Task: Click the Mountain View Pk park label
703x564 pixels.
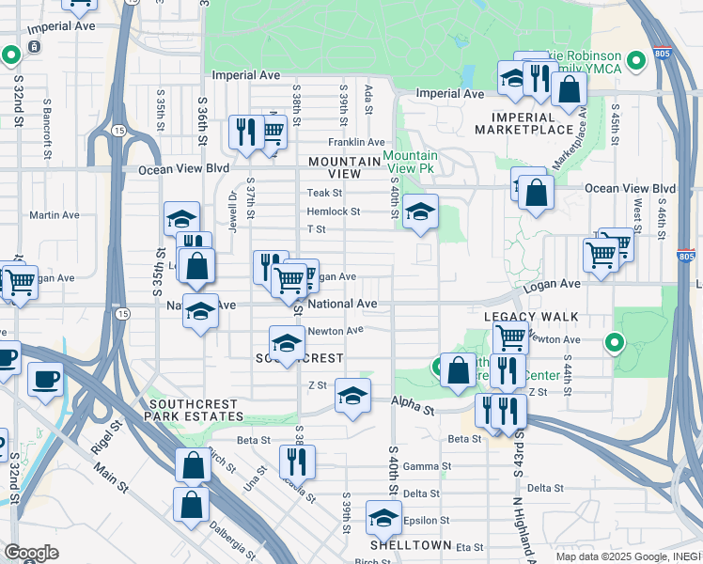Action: [410, 162]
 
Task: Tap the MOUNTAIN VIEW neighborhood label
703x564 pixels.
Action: [344, 167]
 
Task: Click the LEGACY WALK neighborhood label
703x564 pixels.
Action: [531, 318]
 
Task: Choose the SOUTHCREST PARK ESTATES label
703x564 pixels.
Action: [195, 409]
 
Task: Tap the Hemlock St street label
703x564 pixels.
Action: [333, 212]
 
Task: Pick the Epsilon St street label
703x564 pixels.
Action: [427, 520]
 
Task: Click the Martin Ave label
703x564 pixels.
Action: [47, 215]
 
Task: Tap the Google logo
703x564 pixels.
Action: [31, 553]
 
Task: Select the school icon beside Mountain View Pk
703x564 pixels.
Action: [420, 212]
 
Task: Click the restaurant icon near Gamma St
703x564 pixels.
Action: [297, 460]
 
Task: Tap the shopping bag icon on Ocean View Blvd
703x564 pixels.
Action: [535, 194]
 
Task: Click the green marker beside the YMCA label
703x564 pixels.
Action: [636, 62]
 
